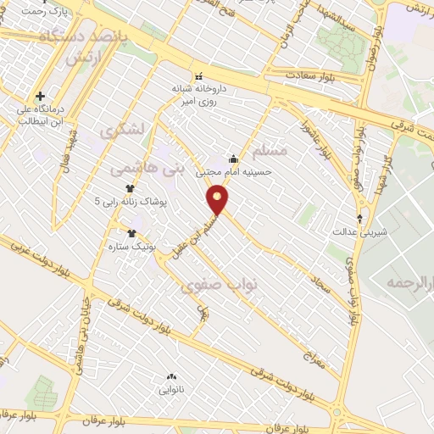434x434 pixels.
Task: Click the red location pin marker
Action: pyautogui.click(x=218, y=200)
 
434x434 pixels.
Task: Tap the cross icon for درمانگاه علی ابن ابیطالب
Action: pyautogui.click(x=40, y=96)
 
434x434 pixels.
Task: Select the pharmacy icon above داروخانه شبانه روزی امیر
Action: pyautogui.click(x=199, y=75)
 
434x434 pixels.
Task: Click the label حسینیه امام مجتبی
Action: pyautogui.click(x=234, y=171)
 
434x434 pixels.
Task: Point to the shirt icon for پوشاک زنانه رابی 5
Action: pyautogui.click(x=131, y=189)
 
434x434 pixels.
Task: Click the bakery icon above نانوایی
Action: pyautogui.click(x=171, y=377)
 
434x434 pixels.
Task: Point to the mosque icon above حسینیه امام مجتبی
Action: pyautogui.click(x=234, y=159)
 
